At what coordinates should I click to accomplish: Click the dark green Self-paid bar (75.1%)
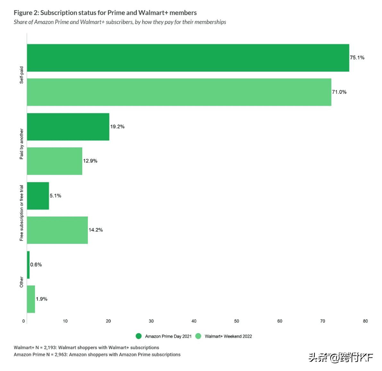pyautogui.click(x=188, y=58)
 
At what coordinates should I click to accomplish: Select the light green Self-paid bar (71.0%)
pyautogui.click(x=179, y=92)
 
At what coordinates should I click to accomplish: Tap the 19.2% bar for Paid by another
pyautogui.click(x=68, y=127)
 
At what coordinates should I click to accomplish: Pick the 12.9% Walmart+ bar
pyautogui.click(x=55, y=161)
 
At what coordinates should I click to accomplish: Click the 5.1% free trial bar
pyautogui.click(x=38, y=196)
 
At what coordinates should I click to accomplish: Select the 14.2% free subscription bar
pyautogui.click(x=57, y=230)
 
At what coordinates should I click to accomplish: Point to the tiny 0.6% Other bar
pyautogui.click(x=28, y=265)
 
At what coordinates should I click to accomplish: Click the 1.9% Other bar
pyautogui.click(x=31, y=299)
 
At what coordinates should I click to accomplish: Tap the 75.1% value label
pyautogui.click(x=357, y=58)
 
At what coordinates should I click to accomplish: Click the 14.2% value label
pyautogui.click(x=96, y=230)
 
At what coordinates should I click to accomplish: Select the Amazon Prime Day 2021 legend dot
pyautogui.click(x=139, y=336)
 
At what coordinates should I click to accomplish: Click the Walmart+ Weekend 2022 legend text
pyautogui.click(x=228, y=337)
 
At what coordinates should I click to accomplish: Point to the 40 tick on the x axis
pyautogui.click(x=194, y=321)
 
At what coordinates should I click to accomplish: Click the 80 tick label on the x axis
pyautogui.click(x=365, y=321)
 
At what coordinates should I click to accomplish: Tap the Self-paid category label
pyautogui.click(x=21, y=75)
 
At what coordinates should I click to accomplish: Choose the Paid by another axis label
pyautogui.click(x=21, y=144)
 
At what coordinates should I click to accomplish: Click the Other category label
pyautogui.click(x=21, y=282)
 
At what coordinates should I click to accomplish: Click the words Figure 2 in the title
pyautogui.click(x=26, y=13)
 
